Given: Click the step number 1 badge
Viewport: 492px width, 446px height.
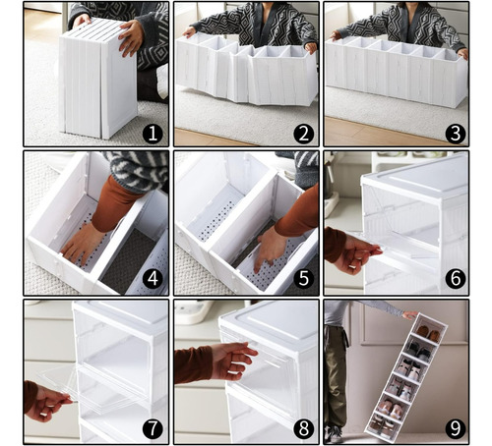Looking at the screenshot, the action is point(153,134).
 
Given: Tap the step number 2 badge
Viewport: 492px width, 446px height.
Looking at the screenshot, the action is point(303,134).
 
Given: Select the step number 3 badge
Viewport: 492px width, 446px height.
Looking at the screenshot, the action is point(455,134).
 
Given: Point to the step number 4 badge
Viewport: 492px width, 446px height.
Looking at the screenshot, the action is point(153,279).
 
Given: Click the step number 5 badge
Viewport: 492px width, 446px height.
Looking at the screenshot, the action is point(303,279).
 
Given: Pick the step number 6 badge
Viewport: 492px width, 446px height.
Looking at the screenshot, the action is point(455,279).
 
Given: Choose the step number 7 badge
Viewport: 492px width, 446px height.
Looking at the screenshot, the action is point(153,428).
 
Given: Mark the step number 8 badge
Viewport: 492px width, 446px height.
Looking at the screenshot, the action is point(303,428).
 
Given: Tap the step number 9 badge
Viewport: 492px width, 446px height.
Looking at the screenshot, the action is point(455,428).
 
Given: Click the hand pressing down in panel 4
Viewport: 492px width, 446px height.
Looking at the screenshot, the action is point(82,243).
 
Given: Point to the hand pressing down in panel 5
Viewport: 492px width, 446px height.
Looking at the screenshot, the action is point(270,250).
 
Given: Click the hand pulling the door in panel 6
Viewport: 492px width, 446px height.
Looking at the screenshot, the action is point(356,253).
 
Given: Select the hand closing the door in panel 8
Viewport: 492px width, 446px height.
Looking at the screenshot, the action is point(231,361).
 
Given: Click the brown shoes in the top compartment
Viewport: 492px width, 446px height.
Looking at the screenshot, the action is point(429,334).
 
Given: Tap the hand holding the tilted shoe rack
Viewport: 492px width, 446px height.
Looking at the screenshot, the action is point(410,315).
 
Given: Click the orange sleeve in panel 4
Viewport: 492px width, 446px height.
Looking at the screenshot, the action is point(113,203).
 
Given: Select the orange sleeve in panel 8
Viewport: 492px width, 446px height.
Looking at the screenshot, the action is point(194,364).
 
